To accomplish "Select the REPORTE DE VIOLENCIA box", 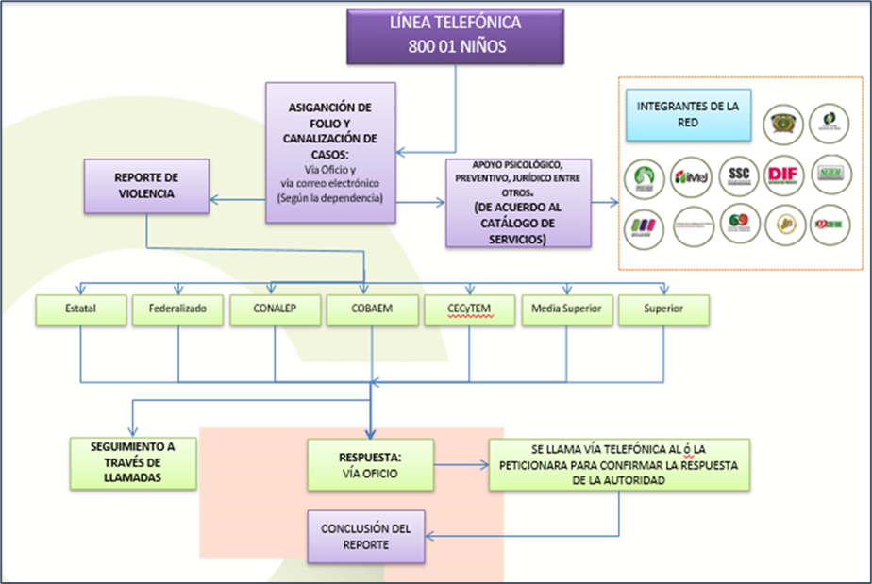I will pyautogui.click(x=145, y=186).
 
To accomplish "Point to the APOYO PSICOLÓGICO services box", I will pyautogui.click(x=517, y=202).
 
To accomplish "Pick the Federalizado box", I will pyautogui.click(x=177, y=310).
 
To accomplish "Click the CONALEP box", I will pyautogui.click(x=275, y=310).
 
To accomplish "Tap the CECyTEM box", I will pyautogui.click(x=470, y=310).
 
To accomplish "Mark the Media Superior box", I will pyautogui.click(x=566, y=310).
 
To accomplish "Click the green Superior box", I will pyautogui.click(x=662, y=310).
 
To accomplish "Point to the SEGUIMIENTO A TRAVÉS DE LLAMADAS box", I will pyautogui.click(x=133, y=462).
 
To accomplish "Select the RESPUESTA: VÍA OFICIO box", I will pyautogui.click(x=371, y=464).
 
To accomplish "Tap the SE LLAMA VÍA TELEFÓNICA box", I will pyautogui.click(x=618, y=464).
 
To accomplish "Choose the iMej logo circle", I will pyautogui.click(x=691, y=176).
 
